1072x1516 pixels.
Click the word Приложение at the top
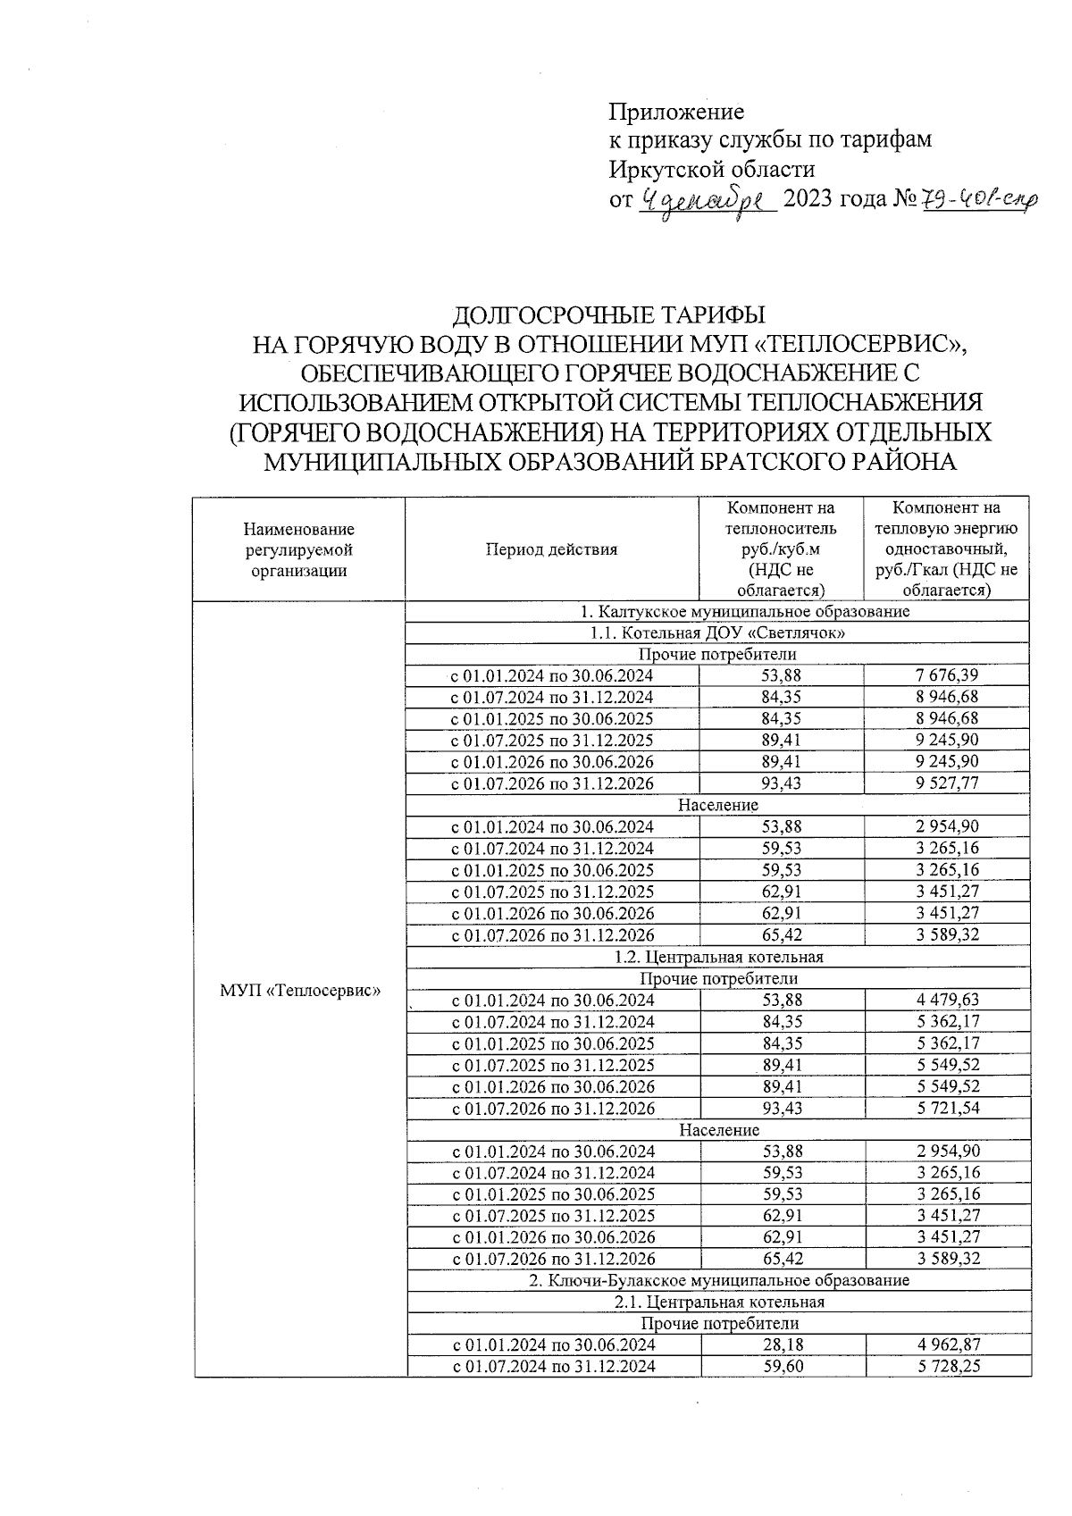coord(675,112)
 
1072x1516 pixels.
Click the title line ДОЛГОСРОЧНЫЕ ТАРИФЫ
coord(610,316)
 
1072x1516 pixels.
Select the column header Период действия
coord(551,549)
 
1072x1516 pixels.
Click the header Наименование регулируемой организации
coord(298,549)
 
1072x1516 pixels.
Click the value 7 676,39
coord(946,676)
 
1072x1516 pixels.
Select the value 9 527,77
coord(946,783)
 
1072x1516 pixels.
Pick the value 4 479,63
coord(946,1001)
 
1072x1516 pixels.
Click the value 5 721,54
coord(946,1109)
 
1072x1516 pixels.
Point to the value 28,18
coord(782,1344)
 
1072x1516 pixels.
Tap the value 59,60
coord(782,1366)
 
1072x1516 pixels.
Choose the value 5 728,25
coord(946,1366)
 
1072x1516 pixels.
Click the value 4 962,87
coord(946,1344)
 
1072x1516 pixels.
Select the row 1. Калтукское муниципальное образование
coord(718,612)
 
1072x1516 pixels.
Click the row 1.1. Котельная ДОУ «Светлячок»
coord(718,633)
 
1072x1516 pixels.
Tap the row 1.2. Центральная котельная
coord(718,957)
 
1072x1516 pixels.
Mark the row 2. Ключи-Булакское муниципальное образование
coord(718,1280)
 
